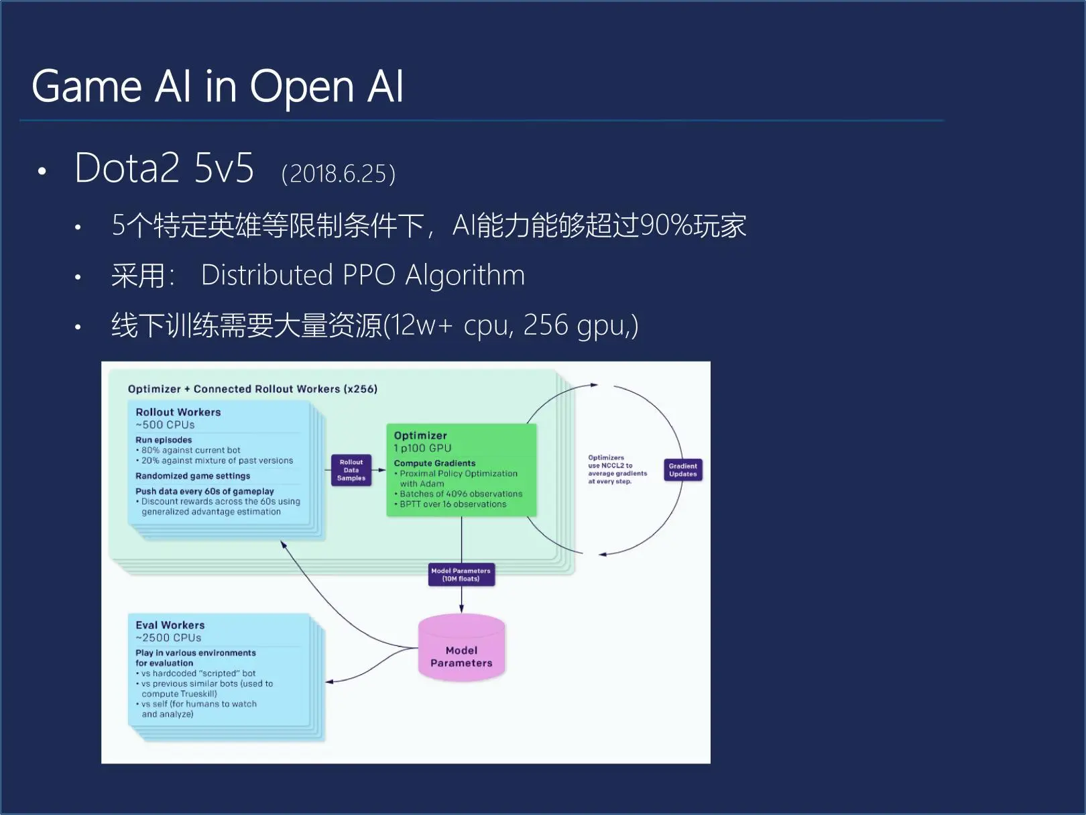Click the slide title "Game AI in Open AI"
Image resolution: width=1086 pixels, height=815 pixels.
click(218, 87)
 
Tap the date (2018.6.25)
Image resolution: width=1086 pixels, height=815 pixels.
click(339, 174)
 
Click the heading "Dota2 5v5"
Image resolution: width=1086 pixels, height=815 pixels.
click(164, 168)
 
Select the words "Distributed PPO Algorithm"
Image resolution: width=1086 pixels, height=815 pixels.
click(363, 275)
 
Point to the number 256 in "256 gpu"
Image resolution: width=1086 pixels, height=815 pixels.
click(545, 325)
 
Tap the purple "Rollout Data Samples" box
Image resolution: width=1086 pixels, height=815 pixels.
click(351, 470)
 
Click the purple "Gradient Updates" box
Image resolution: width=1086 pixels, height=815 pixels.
click(682, 470)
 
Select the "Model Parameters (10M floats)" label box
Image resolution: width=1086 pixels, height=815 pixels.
click(461, 575)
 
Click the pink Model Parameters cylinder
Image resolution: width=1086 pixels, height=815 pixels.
click(461, 651)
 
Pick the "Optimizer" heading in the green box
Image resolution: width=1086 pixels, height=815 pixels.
click(420, 435)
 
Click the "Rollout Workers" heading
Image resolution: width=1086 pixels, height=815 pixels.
click(178, 412)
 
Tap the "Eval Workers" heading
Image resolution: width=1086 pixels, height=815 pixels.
click(170, 625)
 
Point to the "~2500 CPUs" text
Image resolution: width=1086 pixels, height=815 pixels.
click(168, 638)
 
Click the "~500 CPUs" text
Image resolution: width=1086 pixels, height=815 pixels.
click(165, 425)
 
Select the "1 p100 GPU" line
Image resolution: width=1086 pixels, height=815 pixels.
click(422, 448)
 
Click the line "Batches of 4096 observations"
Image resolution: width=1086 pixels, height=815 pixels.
click(461, 494)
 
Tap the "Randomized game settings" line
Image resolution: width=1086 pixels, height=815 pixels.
click(192, 476)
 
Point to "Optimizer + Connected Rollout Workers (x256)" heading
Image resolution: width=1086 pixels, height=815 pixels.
click(252, 389)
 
